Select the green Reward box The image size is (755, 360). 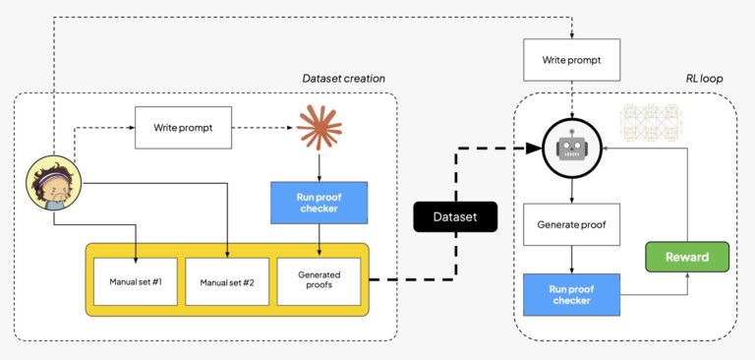click(688, 257)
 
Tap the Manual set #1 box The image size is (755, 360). click(136, 281)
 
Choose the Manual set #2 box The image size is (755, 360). click(226, 281)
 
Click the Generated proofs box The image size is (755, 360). click(318, 281)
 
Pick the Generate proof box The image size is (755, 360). click(571, 225)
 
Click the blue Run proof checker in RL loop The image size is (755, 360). click(571, 294)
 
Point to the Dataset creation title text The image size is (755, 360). click(343, 79)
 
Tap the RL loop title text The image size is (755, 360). click(701, 79)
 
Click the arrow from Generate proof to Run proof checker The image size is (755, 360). click(571, 260)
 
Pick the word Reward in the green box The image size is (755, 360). click(688, 257)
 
